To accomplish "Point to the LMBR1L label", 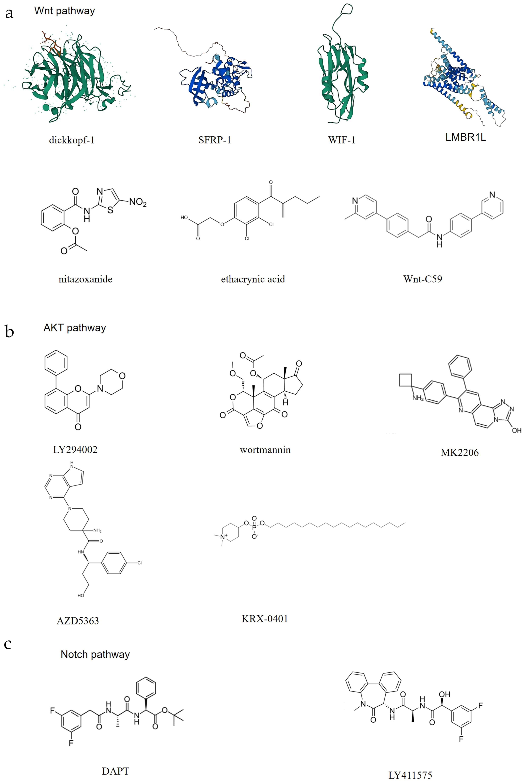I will coord(466,137).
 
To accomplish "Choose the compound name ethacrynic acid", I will coord(253,279).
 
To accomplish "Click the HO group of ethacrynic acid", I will coord(184,218).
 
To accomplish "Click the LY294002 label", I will coord(75,450).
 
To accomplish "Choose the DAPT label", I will coord(115,771).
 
